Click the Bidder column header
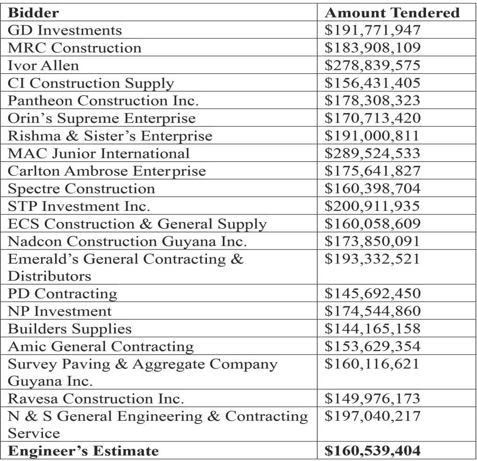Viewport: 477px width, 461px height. [34, 13]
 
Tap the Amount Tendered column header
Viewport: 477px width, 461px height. [392, 13]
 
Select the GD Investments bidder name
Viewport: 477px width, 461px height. [64, 30]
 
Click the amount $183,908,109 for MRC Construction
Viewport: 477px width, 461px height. [372, 48]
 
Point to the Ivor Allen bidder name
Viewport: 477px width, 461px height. [43, 65]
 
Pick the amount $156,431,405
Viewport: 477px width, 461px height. [372, 83]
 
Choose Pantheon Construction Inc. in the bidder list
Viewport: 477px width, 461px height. [103, 101]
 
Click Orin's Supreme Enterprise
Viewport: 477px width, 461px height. [101, 118]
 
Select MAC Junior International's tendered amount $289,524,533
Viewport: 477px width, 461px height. [372, 153]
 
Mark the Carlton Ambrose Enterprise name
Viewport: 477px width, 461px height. [107, 171]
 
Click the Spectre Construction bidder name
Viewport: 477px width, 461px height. [81, 188]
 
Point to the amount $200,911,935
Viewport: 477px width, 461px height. [372, 206]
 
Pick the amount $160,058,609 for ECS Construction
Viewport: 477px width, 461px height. [372, 224]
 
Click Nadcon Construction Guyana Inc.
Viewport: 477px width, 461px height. [127, 242]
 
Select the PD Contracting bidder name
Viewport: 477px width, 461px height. [62, 294]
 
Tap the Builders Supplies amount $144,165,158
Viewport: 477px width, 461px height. [372, 329]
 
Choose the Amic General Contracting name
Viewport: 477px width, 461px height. [100, 346]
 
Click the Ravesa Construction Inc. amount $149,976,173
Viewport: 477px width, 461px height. [372, 399]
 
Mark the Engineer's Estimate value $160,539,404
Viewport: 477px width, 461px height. [372, 451]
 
